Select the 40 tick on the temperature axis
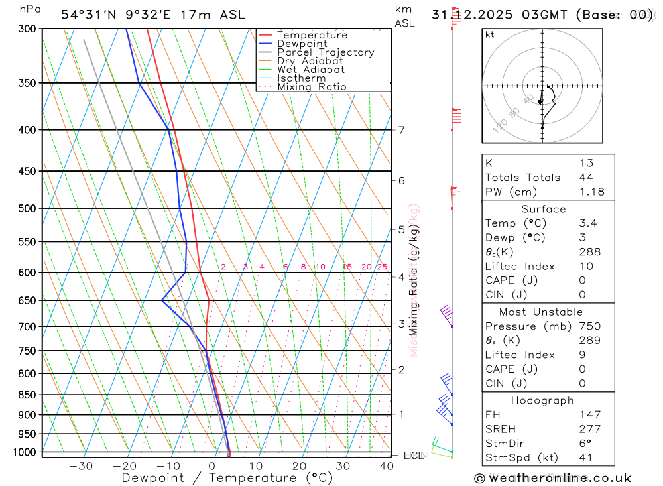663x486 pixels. [387, 466]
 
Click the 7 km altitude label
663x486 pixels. [402, 129]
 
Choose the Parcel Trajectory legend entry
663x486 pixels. [325, 52]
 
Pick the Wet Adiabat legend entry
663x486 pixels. [310, 70]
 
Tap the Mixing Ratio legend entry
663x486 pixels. [312, 87]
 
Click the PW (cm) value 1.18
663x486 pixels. [591, 192]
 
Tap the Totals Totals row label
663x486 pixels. [522, 177]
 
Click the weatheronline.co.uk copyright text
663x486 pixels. [552, 478]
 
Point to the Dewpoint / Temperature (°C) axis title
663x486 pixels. [227, 478]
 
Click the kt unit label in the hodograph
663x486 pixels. [489, 34]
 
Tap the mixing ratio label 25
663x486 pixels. [382, 267]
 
